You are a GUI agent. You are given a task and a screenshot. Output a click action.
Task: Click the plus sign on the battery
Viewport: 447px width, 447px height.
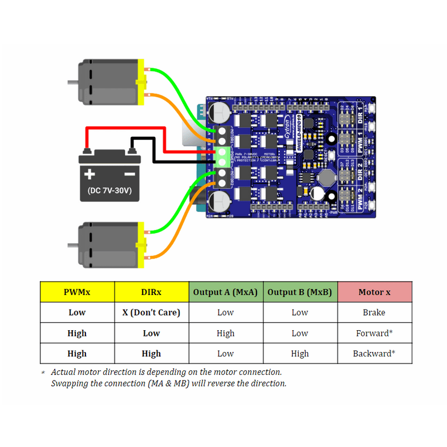89,174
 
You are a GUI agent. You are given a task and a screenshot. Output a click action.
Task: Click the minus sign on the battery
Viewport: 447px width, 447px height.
130,174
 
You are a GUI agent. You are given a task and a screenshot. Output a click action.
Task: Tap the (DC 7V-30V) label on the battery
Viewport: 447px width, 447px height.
110,191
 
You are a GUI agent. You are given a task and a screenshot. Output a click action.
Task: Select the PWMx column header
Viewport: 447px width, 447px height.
77,292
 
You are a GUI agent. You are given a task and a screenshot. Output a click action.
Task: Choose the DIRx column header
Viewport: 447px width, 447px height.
151,292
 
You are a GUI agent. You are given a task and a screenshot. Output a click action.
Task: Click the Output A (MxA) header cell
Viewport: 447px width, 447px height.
226,292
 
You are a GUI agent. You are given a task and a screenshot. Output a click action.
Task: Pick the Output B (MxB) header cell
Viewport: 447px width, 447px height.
300,292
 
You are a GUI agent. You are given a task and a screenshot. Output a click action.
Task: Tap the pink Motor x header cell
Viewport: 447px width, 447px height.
374,292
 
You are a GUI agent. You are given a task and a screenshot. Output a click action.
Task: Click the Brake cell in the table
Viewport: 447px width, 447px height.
374,312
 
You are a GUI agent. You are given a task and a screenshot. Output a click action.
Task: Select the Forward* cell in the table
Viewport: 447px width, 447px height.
374,333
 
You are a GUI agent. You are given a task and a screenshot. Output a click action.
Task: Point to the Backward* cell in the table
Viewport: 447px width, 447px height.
374,354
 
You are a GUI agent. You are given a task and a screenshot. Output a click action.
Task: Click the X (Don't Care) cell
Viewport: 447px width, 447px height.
151,312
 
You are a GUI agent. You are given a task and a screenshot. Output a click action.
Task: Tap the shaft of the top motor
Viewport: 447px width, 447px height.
72,83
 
